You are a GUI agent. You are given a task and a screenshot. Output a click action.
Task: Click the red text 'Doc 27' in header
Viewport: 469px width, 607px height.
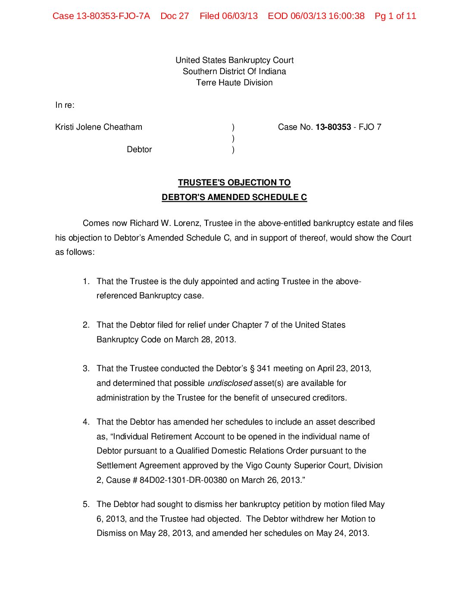click(x=175, y=16)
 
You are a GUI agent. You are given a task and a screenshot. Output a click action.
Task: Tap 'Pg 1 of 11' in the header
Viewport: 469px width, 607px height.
click(x=395, y=16)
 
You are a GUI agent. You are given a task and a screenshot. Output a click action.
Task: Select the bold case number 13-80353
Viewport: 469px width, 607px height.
click(x=333, y=127)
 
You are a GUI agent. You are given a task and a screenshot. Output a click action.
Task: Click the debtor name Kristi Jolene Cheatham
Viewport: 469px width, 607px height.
click(x=99, y=127)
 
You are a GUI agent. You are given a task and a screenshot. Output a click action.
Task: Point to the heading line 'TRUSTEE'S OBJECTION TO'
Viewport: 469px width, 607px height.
click(x=234, y=183)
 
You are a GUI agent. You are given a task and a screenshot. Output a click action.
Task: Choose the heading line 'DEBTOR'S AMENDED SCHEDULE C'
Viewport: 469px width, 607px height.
click(x=234, y=197)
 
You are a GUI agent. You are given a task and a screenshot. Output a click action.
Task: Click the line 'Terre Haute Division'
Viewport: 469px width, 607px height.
click(x=234, y=83)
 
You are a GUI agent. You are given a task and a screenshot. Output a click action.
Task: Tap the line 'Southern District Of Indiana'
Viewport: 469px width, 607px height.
click(x=234, y=72)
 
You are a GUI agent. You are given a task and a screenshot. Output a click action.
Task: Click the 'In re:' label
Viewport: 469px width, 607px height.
click(x=65, y=105)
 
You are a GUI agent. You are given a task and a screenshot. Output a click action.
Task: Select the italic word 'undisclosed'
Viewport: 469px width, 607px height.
click(x=230, y=383)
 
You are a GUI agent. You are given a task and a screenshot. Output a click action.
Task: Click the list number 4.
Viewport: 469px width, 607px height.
click(x=86, y=422)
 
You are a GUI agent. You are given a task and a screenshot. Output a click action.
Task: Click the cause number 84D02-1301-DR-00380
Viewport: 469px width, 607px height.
click(x=183, y=480)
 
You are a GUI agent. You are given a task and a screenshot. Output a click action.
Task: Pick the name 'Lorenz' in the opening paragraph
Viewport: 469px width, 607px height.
click(x=187, y=223)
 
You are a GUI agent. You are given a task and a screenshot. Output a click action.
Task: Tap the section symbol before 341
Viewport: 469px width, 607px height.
click(x=252, y=369)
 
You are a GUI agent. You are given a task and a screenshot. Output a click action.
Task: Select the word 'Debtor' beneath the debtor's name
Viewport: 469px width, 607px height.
click(x=139, y=150)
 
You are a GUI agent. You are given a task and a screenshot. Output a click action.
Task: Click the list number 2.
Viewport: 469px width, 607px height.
click(x=86, y=325)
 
